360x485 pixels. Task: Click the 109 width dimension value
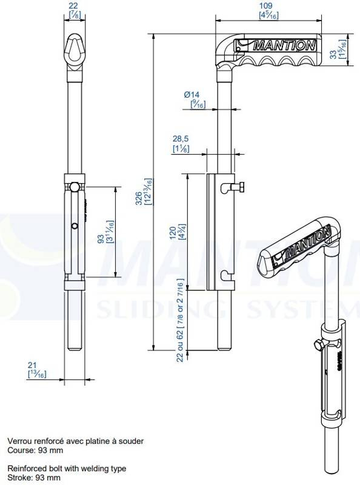pos(265,5)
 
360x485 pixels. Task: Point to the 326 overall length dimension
pos(139,199)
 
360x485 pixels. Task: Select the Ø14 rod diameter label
pos(192,95)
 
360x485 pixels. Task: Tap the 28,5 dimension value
pos(181,139)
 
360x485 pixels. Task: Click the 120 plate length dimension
pos(173,233)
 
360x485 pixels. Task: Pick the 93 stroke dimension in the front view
pos(101,239)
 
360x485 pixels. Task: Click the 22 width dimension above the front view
pos(73,5)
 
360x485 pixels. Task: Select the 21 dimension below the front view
pos(33,366)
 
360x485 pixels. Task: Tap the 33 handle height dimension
pos(333,55)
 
